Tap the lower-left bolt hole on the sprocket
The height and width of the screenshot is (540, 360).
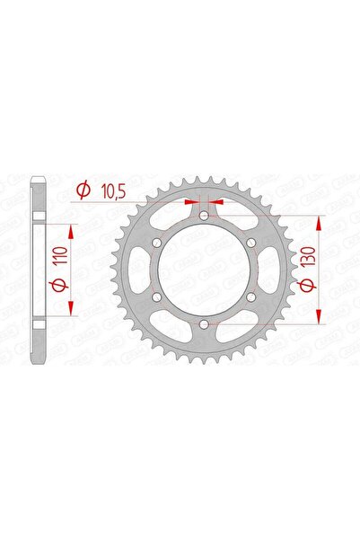[x=158, y=297]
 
